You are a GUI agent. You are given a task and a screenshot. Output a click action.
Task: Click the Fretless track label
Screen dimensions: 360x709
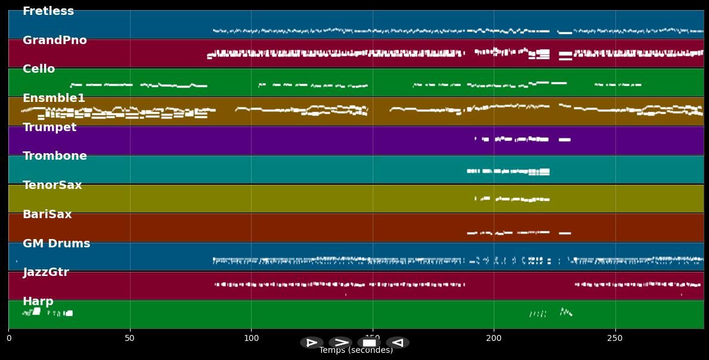(x=48, y=11)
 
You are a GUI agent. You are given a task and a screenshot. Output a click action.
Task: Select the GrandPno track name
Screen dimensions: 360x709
(x=55, y=41)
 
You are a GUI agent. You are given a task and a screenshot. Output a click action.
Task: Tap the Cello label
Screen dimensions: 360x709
(x=39, y=69)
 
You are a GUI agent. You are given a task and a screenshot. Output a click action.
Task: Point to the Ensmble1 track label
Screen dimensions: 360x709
(x=54, y=98)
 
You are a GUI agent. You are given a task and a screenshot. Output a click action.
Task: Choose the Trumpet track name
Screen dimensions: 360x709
(x=49, y=128)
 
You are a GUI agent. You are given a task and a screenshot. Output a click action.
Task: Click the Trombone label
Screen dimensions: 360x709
(x=55, y=156)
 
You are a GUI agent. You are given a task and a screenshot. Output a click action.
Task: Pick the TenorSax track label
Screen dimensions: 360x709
(x=52, y=185)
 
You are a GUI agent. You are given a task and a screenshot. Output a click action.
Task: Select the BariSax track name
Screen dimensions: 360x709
(x=47, y=215)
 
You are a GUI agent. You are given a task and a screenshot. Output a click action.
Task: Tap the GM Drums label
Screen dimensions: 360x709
(x=57, y=244)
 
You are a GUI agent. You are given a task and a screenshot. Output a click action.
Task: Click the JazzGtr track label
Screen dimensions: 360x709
(x=46, y=272)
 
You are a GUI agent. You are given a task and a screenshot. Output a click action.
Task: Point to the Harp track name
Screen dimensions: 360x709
(x=38, y=302)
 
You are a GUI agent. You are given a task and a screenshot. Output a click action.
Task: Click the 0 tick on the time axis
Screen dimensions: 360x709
(x=8, y=339)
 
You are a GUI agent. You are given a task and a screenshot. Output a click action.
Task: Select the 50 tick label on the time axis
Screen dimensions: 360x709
(x=129, y=339)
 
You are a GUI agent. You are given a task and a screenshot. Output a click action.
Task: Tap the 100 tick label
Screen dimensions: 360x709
(x=251, y=339)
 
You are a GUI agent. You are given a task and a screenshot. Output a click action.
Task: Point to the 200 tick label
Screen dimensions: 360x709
(x=494, y=339)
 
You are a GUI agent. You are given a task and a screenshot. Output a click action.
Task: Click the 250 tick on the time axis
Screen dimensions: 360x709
(x=615, y=339)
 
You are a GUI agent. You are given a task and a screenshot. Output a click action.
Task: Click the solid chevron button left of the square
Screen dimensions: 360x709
(x=340, y=343)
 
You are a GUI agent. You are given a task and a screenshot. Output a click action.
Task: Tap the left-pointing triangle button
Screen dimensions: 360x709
(x=398, y=343)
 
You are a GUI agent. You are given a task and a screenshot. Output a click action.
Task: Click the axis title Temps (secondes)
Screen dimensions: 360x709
(x=356, y=350)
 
